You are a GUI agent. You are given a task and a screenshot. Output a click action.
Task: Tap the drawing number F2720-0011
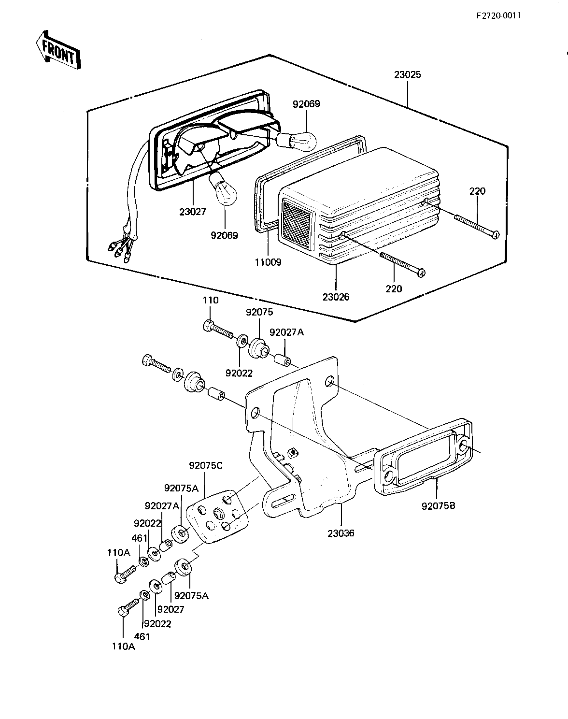pyautogui.click(x=498, y=15)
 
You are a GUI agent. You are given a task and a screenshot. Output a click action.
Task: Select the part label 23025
pyautogui.click(x=407, y=75)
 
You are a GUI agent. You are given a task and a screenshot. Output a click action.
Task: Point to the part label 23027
pyautogui.click(x=193, y=212)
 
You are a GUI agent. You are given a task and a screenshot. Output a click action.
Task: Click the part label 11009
pyautogui.click(x=268, y=262)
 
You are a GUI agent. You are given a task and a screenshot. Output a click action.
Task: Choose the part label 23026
pyautogui.click(x=336, y=297)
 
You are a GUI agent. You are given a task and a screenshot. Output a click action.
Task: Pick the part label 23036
pyautogui.click(x=341, y=533)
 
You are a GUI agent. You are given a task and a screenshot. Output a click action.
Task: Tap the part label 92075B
pyautogui.click(x=439, y=506)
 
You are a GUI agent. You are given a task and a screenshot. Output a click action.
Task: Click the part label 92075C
pyautogui.click(x=206, y=465)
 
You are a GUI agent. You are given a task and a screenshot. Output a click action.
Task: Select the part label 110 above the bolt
pyautogui.click(x=211, y=301)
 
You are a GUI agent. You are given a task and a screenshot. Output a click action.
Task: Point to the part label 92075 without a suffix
pyautogui.click(x=259, y=312)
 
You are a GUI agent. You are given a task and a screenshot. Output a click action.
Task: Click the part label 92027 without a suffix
pyautogui.click(x=170, y=609)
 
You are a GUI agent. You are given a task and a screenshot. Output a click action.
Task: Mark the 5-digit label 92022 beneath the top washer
pyautogui.click(x=239, y=373)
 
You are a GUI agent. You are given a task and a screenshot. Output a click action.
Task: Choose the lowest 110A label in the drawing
pyautogui.click(x=124, y=656)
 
